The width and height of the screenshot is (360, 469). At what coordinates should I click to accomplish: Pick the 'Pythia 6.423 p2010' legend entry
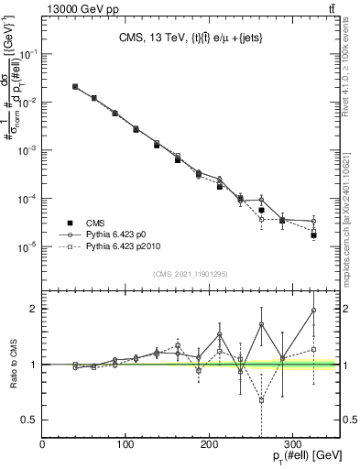(122, 247)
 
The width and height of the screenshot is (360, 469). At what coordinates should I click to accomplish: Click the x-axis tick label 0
(43, 443)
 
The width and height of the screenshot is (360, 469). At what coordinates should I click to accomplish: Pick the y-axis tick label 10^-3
(28, 150)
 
